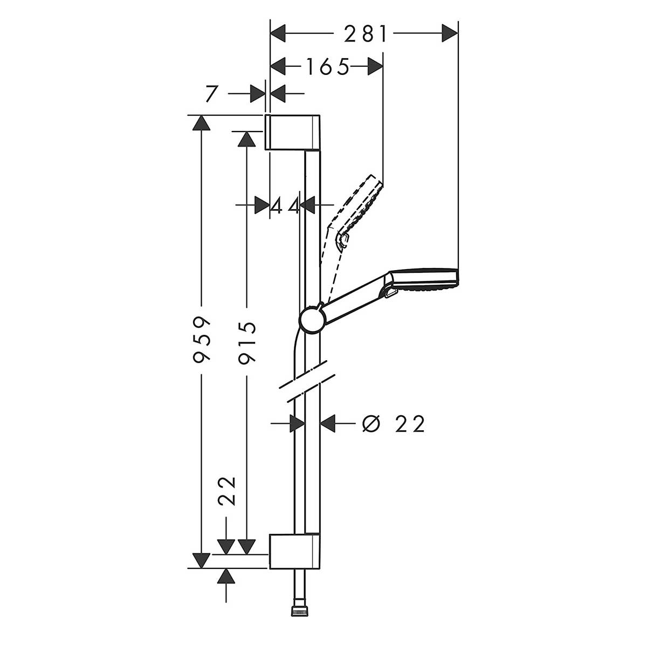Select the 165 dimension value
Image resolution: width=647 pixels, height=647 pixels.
(x=328, y=67)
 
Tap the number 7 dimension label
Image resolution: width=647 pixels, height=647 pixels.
(x=211, y=94)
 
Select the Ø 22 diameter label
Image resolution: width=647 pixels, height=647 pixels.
(x=394, y=424)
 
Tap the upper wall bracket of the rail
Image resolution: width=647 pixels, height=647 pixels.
(x=292, y=132)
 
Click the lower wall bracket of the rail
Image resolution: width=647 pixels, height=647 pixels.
(x=294, y=552)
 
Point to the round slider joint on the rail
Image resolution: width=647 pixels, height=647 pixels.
(x=311, y=321)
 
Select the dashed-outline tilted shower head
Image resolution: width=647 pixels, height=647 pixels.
(x=361, y=205)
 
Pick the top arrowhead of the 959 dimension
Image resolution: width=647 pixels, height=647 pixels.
(x=202, y=122)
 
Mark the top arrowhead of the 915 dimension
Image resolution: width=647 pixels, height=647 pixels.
(x=247, y=138)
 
